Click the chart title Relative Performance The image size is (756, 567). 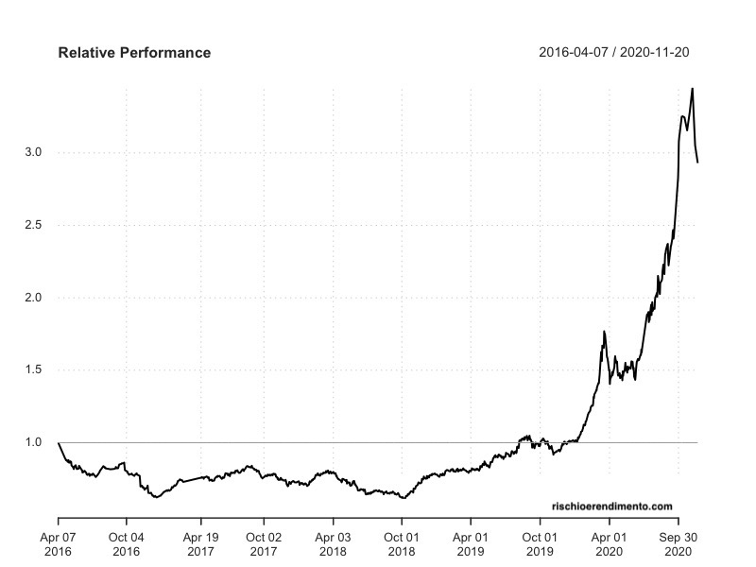(134, 53)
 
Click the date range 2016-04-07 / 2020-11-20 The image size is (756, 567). (620, 53)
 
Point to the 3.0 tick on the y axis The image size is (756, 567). (34, 152)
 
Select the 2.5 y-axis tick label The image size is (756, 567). (34, 225)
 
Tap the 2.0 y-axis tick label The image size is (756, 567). (34, 298)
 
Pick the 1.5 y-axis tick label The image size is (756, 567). (34, 369)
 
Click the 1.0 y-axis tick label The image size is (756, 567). (34, 442)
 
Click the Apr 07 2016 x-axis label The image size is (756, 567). (59, 542)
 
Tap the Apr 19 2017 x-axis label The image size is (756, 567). (200, 542)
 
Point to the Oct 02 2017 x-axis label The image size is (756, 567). (264, 542)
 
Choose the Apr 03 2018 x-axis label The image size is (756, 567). (333, 542)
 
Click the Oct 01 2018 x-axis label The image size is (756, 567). (402, 542)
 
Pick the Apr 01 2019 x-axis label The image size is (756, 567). (471, 542)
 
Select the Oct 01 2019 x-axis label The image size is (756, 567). (540, 542)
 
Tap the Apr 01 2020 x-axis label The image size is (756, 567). (610, 542)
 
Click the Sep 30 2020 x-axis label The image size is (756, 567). (678, 542)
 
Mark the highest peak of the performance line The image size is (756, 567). (693, 89)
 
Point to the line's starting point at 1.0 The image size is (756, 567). (59, 442)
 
